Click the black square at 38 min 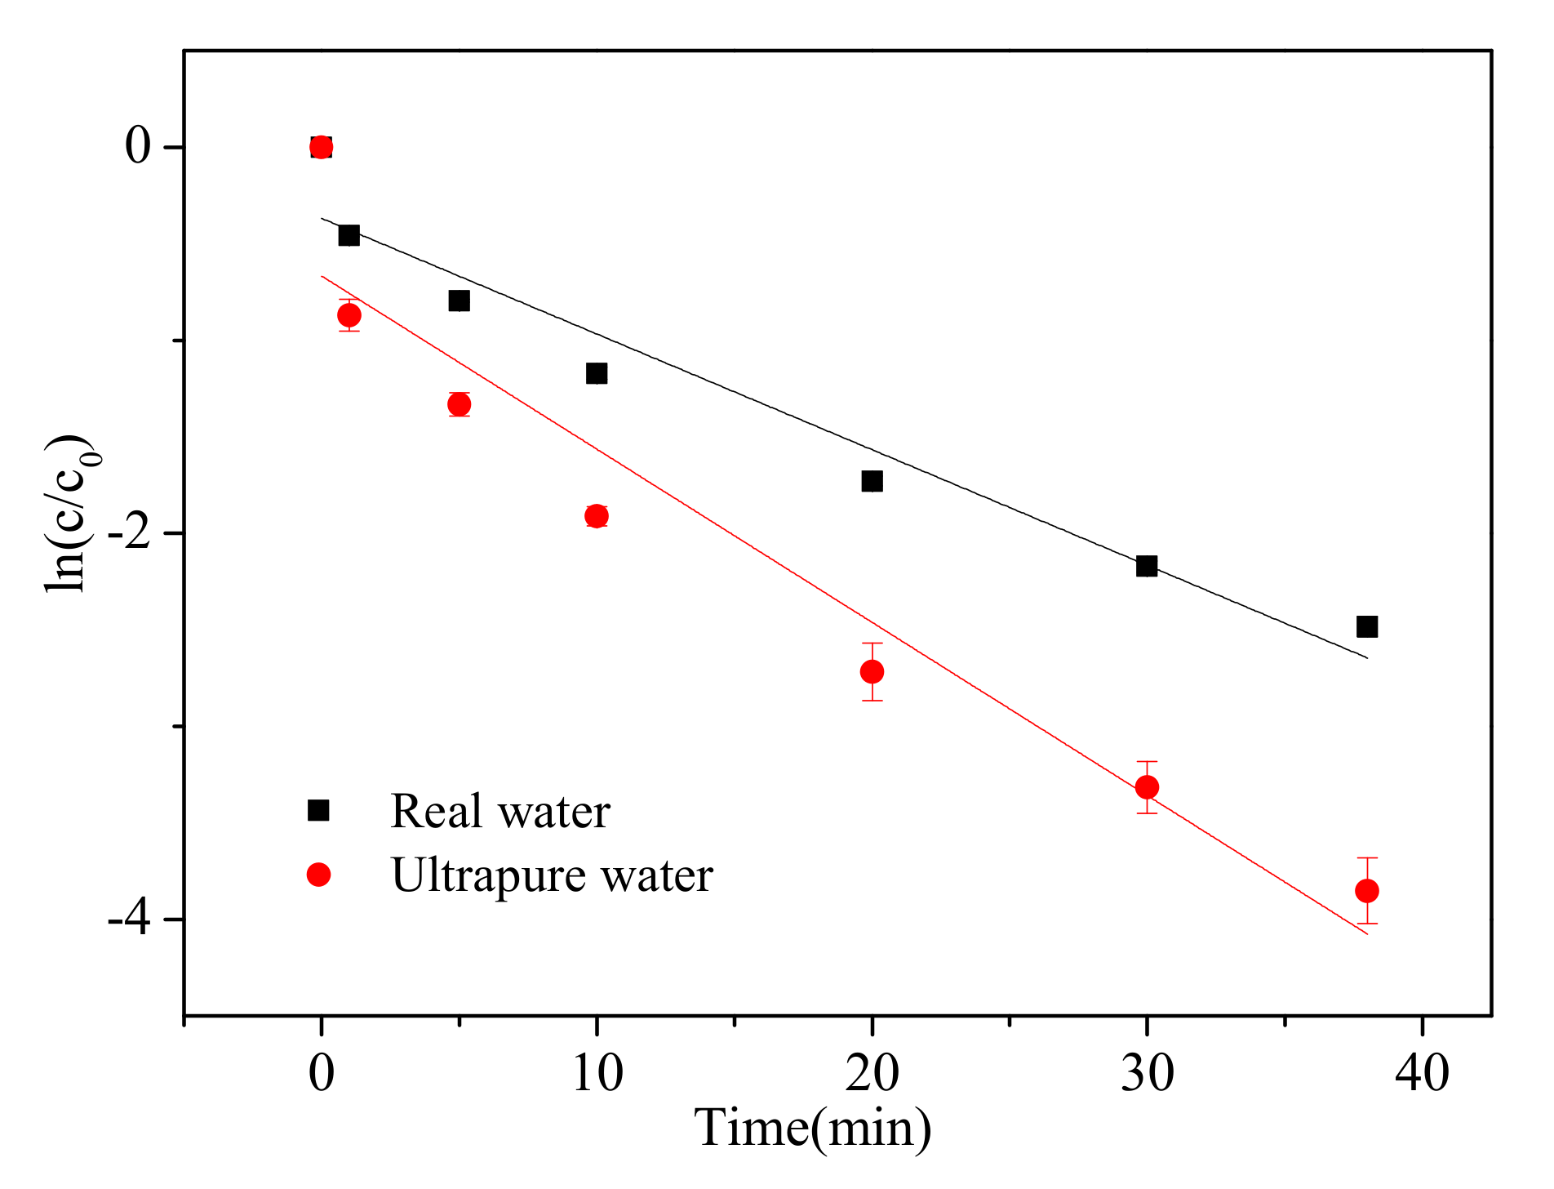click(1367, 626)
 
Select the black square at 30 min click(1147, 565)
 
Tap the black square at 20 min click(872, 481)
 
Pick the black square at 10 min click(597, 373)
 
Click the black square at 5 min click(459, 301)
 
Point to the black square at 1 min click(349, 235)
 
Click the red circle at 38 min click(1367, 890)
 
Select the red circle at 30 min click(1147, 787)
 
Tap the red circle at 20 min click(872, 671)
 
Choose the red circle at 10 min click(597, 515)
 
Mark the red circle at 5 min click(459, 403)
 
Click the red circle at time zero click(322, 147)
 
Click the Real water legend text click(499, 811)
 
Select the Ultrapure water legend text click(552, 875)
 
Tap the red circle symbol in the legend click(318, 875)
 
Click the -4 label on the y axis click(130, 920)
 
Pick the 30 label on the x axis click(1147, 1072)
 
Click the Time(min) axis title click(813, 1129)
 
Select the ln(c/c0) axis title click(72, 513)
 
